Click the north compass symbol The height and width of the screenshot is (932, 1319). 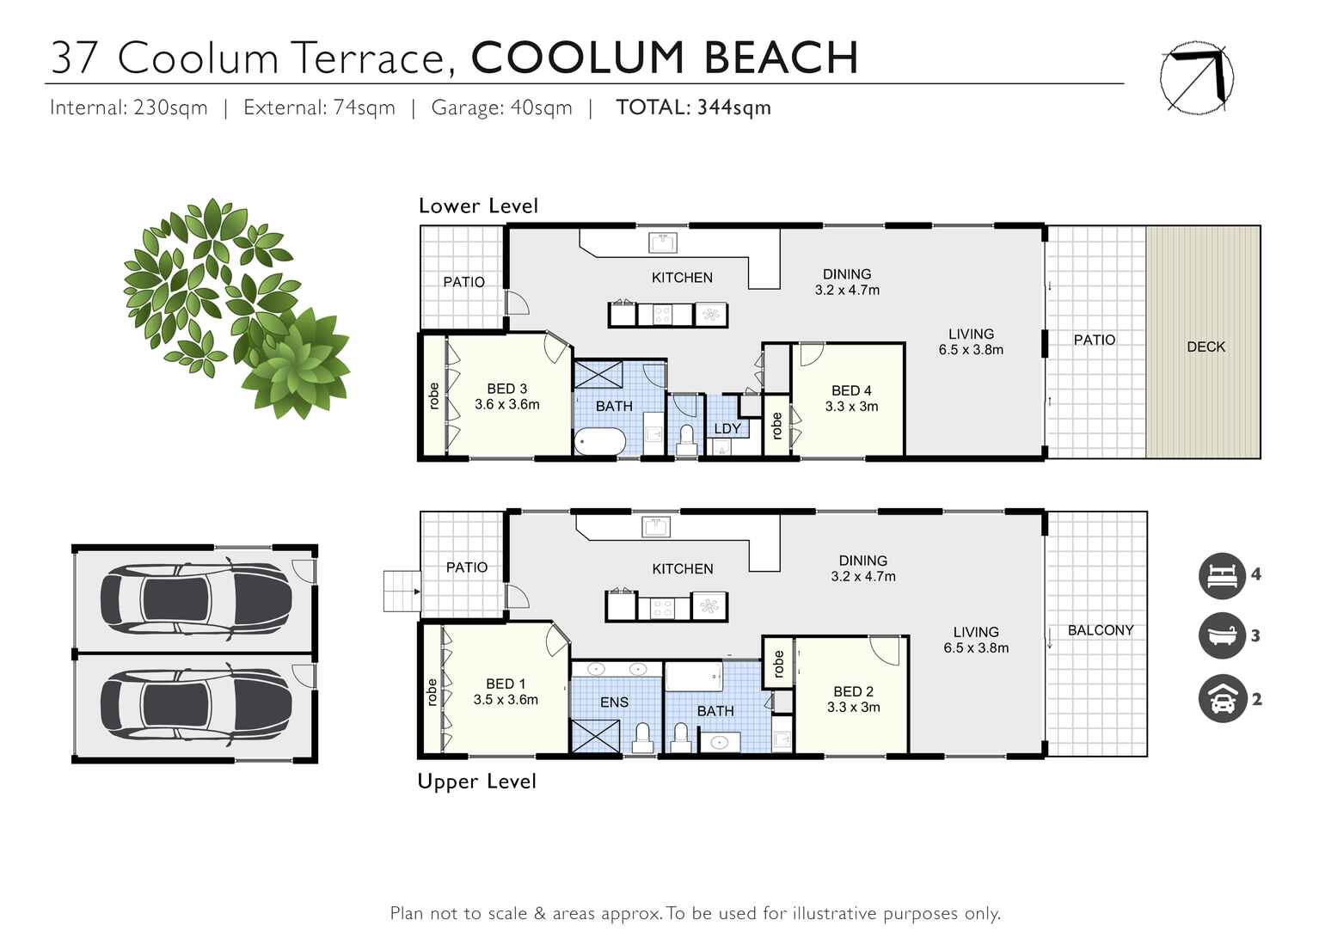1197,78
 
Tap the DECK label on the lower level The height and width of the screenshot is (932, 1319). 1206,346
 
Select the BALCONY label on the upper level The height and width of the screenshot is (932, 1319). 1100,630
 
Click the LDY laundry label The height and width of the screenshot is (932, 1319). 727,428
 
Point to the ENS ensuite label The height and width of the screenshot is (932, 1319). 614,702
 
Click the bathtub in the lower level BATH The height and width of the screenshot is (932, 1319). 600,442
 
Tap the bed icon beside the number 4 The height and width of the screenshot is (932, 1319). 1222,575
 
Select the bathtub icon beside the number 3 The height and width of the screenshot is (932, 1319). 1222,636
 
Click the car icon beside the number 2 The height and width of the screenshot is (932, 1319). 1222,699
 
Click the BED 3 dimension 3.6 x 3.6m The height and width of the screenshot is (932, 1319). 506,405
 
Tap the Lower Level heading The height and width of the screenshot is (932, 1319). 478,206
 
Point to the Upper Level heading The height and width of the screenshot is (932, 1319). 476,782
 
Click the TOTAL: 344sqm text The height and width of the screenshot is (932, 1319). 693,107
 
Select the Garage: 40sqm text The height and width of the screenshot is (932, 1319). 501,107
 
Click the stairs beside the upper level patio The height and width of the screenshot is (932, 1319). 402,592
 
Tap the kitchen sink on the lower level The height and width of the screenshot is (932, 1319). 663,242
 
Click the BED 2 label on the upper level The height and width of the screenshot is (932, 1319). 853,691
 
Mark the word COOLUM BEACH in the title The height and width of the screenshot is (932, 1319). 665,58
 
